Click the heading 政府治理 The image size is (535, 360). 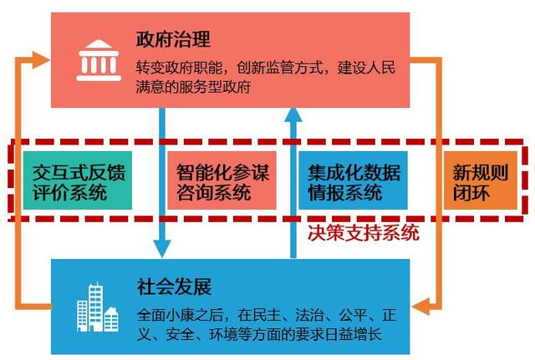[173, 39]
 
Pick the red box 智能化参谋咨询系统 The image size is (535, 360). [222, 181]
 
